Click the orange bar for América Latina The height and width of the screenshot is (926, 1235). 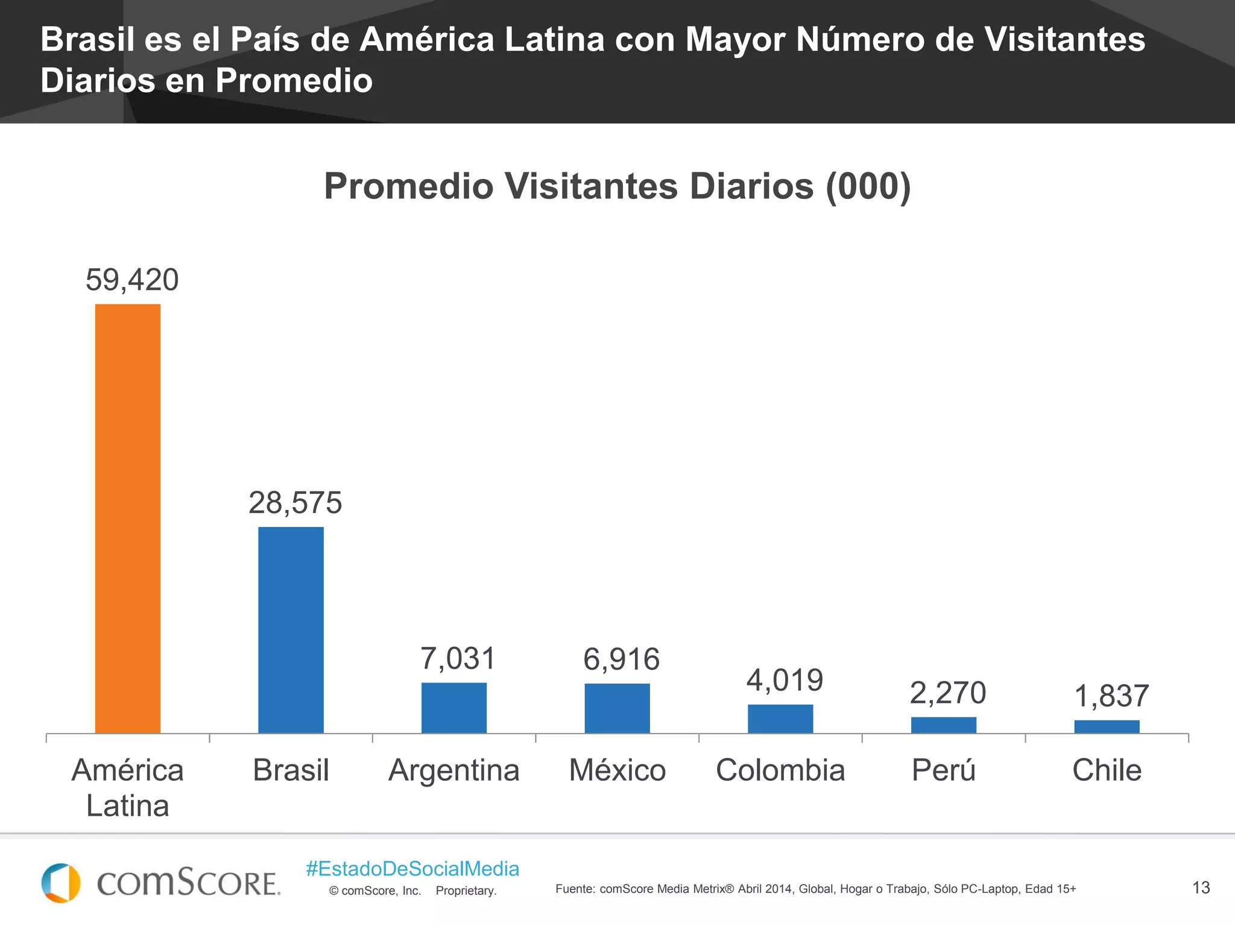[x=128, y=518]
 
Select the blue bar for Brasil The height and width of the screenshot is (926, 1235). [x=291, y=630]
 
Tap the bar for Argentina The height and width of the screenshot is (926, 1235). [x=454, y=708]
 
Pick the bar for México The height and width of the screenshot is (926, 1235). [x=617, y=708]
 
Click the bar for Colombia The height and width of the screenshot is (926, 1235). [x=780, y=719]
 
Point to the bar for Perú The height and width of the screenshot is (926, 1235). [x=944, y=725]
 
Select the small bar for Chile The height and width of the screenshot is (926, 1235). [x=1107, y=726]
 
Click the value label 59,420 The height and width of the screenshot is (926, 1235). [x=132, y=280]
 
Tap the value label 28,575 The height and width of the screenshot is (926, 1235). [x=295, y=503]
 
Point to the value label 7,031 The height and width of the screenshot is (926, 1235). [x=458, y=658]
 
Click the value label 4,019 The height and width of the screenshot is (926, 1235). [x=785, y=681]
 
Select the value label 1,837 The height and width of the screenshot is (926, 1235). [x=1111, y=696]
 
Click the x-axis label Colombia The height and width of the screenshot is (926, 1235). [x=780, y=770]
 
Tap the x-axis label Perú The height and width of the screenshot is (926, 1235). [x=944, y=770]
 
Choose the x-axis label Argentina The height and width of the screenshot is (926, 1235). [x=454, y=770]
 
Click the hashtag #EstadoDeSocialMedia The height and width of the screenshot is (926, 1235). [x=412, y=869]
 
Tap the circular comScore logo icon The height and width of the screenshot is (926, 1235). [x=60, y=883]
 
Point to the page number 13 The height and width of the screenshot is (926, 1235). [x=1201, y=887]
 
